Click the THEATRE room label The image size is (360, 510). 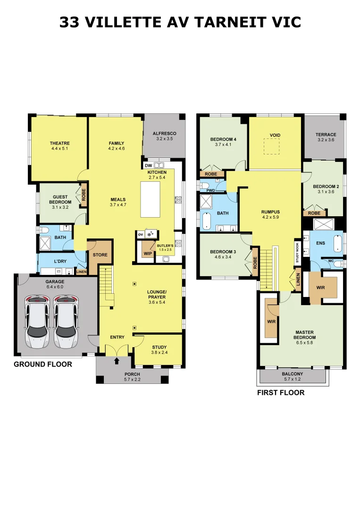[60, 143]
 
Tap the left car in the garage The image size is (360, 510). [37, 321]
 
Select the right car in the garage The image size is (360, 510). [66, 321]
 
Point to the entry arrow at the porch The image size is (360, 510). [117, 361]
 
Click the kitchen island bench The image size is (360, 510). [150, 199]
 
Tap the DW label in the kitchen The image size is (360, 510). [149, 166]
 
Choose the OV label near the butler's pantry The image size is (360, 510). [140, 234]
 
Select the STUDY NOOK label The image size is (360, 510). [297, 252]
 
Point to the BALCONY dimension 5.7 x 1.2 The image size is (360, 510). [293, 379]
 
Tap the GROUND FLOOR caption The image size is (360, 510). [43, 364]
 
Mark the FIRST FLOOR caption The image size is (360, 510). [281, 392]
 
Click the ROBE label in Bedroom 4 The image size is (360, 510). [211, 174]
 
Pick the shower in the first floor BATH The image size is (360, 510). [206, 201]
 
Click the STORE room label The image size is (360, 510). [100, 255]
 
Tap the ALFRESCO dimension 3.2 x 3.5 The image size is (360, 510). [164, 138]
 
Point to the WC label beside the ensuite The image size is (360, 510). [331, 261]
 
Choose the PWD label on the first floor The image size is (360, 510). [210, 191]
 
